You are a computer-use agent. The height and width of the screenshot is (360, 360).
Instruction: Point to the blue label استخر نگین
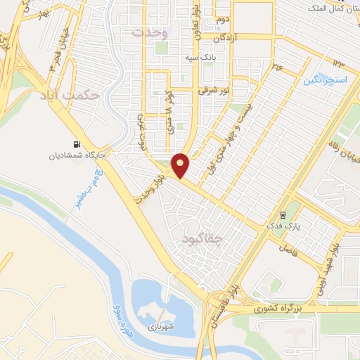click(x=326, y=80)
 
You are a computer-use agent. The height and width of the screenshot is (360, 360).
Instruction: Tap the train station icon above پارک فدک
click(x=283, y=215)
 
